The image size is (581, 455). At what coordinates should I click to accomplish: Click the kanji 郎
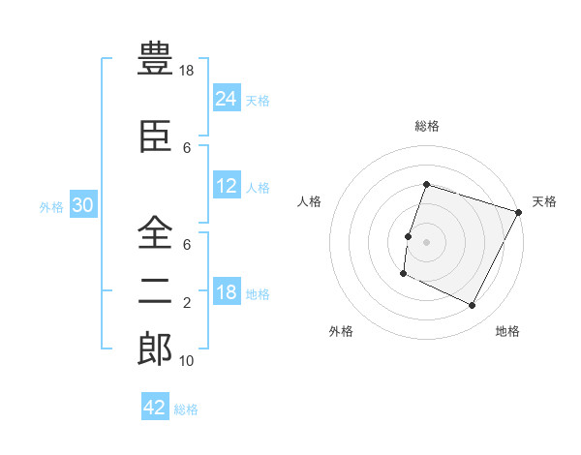click(155, 349)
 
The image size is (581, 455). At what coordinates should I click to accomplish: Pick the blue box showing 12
click(227, 186)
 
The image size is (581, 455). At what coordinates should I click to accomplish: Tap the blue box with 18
click(227, 292)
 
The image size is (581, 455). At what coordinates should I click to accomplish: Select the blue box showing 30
click(83, 206)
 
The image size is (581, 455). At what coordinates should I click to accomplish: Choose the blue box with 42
click(155, 408)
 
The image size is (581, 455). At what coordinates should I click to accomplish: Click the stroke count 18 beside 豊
click(188, 71)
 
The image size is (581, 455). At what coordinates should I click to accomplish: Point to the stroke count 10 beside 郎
click(188, 361)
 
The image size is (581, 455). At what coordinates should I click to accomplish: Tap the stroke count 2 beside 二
click(187, 303)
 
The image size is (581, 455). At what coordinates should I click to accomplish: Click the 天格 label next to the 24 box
click(258, 100)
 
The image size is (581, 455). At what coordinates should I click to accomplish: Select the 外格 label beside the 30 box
click(51, 207)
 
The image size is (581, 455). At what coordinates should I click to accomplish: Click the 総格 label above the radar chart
click(426, 126)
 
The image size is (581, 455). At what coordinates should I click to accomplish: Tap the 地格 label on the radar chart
click(507, 331)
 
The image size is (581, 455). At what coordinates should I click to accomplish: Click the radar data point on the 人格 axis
click(408, 236)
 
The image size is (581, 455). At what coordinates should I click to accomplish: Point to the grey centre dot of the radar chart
click(426, 242)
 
